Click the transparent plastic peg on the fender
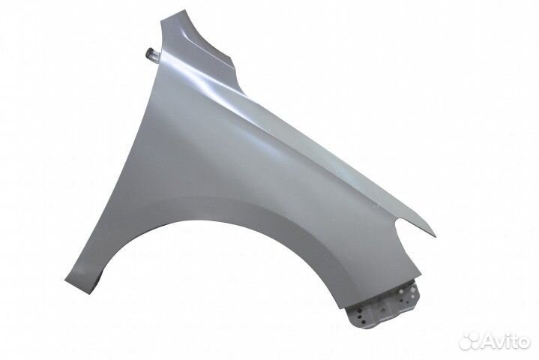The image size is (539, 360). point(152,55)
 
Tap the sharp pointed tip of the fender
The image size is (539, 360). point(436,236)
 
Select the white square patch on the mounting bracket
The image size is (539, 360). point(412,290)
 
